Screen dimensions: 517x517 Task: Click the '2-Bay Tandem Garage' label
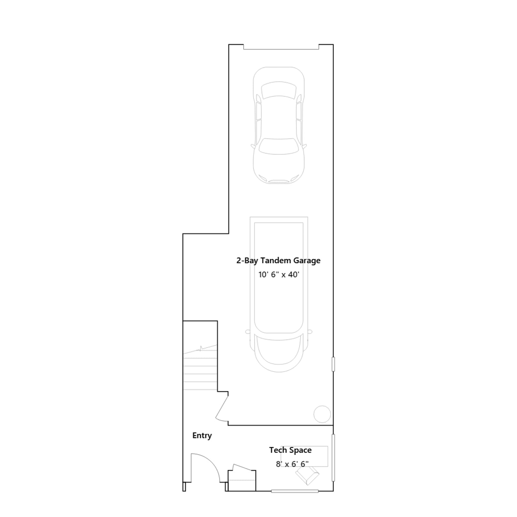[x=278, y=261]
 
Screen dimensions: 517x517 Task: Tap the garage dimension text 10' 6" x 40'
[x=279, y=275]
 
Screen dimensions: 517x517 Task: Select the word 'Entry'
[x=202, y=436]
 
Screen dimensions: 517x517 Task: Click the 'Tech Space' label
[x=290, y=450]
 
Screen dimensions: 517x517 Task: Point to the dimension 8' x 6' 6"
[x=292, y=464]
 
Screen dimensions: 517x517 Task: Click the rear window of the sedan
[x=279, y=90]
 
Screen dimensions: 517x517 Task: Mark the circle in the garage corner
[x=322, y=414]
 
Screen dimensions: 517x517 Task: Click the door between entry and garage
[x=222, y=408]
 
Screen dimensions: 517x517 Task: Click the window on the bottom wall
[x=295, y=491]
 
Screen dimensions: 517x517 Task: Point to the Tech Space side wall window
[x=333, y=458]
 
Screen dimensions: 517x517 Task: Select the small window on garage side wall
[x=333, y=364]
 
